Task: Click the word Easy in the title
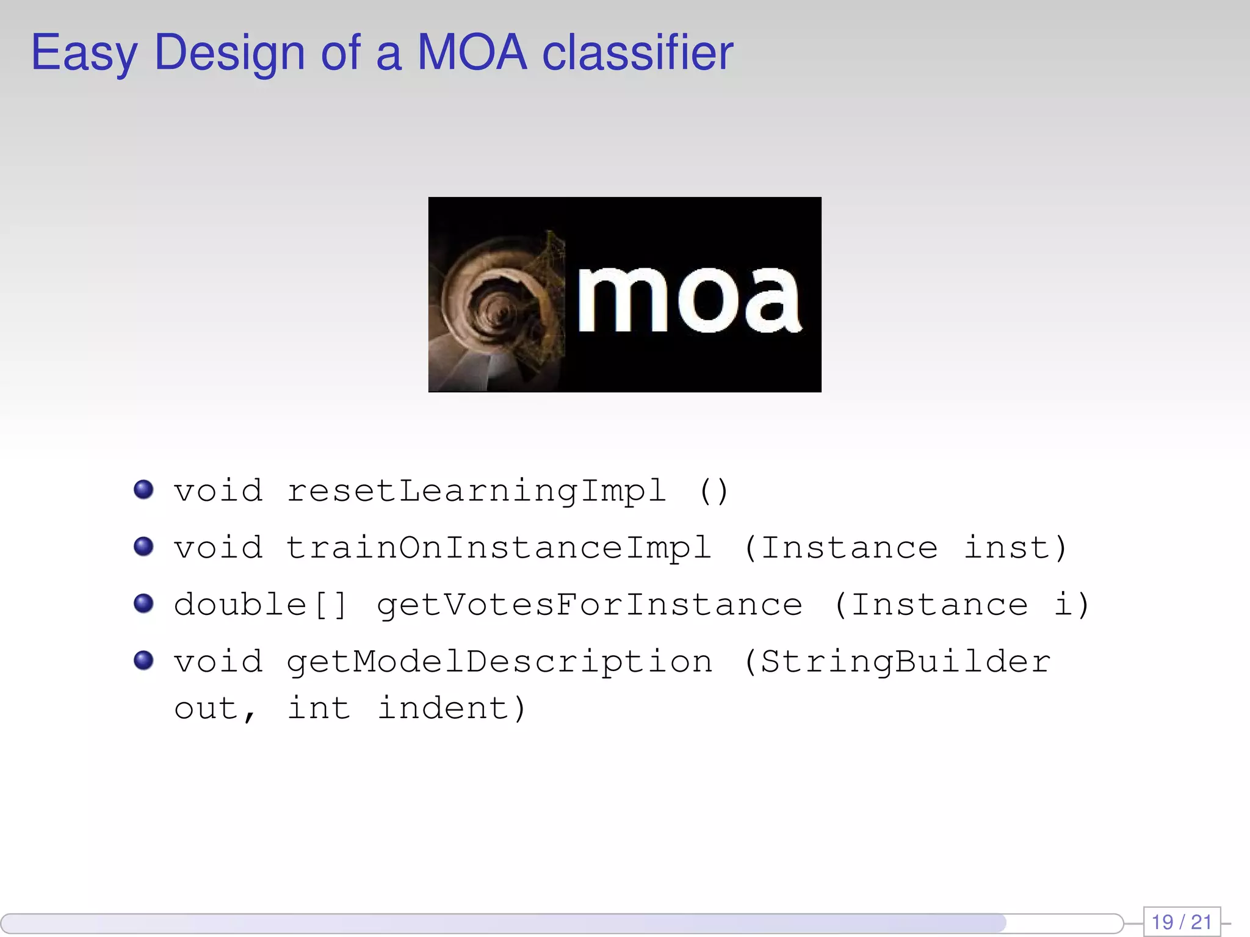[84, 54]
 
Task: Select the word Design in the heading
[229, 52]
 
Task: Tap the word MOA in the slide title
[471, 52]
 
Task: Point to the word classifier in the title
[637, 52]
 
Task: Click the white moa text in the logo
[688, 300]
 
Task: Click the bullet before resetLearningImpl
[143, 489]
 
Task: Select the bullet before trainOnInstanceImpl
[143, 546]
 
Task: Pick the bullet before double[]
[143, 603]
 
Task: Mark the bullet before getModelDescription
[143, 660]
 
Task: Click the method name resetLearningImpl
[476, 492]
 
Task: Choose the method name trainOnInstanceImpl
[499, 548]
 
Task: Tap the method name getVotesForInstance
[589, 605]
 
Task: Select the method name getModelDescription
[499, 662]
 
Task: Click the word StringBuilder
[906, 662]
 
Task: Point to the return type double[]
[261, 605]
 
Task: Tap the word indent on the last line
[443, 709]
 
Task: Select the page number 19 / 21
[1182, 922]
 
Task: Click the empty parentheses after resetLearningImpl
[714, 492]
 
